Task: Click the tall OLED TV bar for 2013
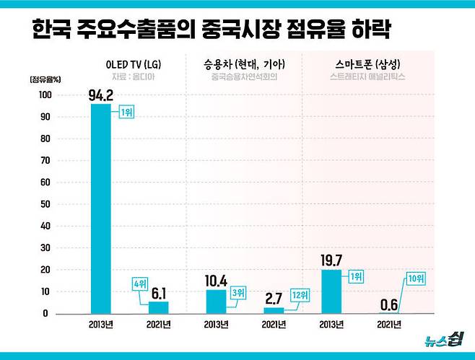tap(100, 209)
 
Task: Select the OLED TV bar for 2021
tap(158, 307)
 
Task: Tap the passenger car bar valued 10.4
tap(216, 302)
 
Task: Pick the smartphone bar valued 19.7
tap(331, 291)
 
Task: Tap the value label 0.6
tap(390, 304)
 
